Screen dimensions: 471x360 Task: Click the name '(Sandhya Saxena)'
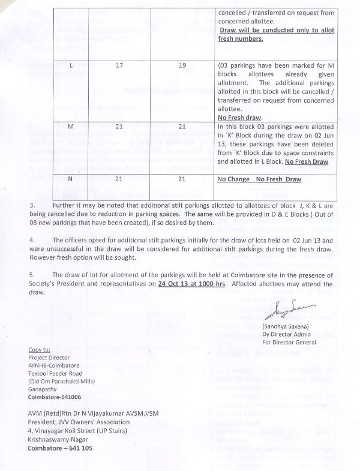point(296,327)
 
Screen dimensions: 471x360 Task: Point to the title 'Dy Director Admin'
point(297,334)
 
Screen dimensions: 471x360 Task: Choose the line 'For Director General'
point(299,342)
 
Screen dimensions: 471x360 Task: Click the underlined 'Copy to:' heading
point(40,349)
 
